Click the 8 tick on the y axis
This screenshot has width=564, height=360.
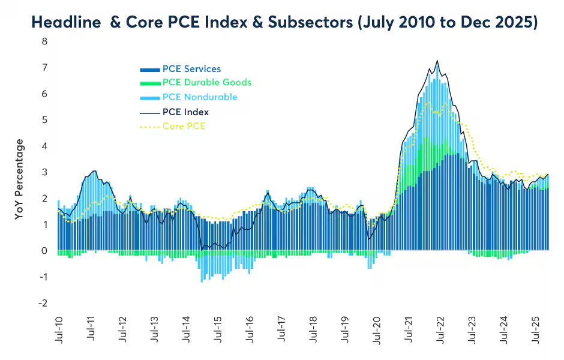(x=44, y=41)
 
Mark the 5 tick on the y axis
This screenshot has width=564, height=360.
(x=44, y=120)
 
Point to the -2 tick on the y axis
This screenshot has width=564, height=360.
(x=43, y=303)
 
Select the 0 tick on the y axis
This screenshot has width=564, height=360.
(x=44, y=251)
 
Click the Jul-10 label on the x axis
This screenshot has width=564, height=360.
(x=59, y=331)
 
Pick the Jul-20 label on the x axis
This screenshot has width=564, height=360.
(x=376, y=331)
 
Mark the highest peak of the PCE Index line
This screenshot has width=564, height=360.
(x=437, y=61)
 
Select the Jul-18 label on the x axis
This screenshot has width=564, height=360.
(x=312, y=331)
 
